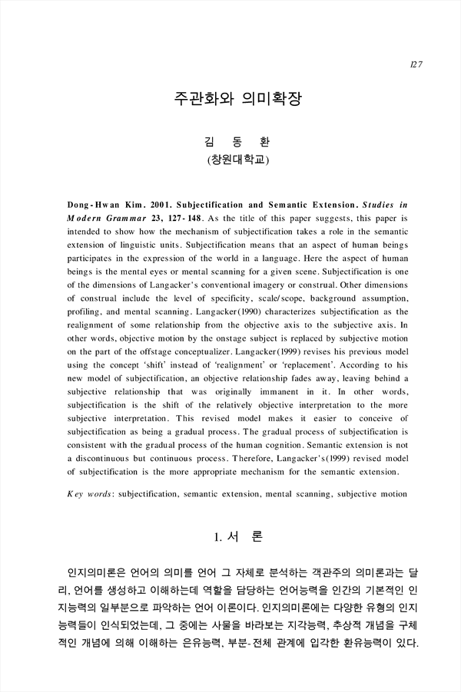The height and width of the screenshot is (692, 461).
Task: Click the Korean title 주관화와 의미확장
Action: pyautogui.click(x=230, y=102)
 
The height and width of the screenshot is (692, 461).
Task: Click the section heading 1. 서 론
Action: pyautogui.click(x=230, y=539)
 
